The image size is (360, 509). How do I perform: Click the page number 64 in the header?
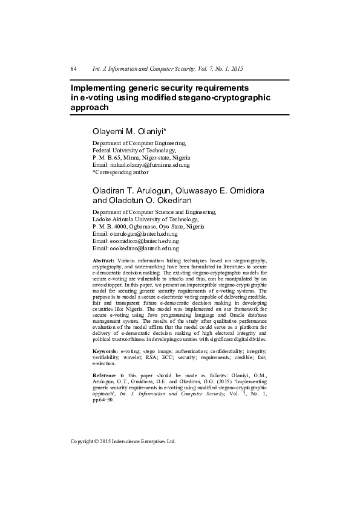point(73,69)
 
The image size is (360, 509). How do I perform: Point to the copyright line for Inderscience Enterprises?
point(123,441)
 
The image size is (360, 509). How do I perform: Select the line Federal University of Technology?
point(134,150)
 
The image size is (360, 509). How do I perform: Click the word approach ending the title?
point(90,107)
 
